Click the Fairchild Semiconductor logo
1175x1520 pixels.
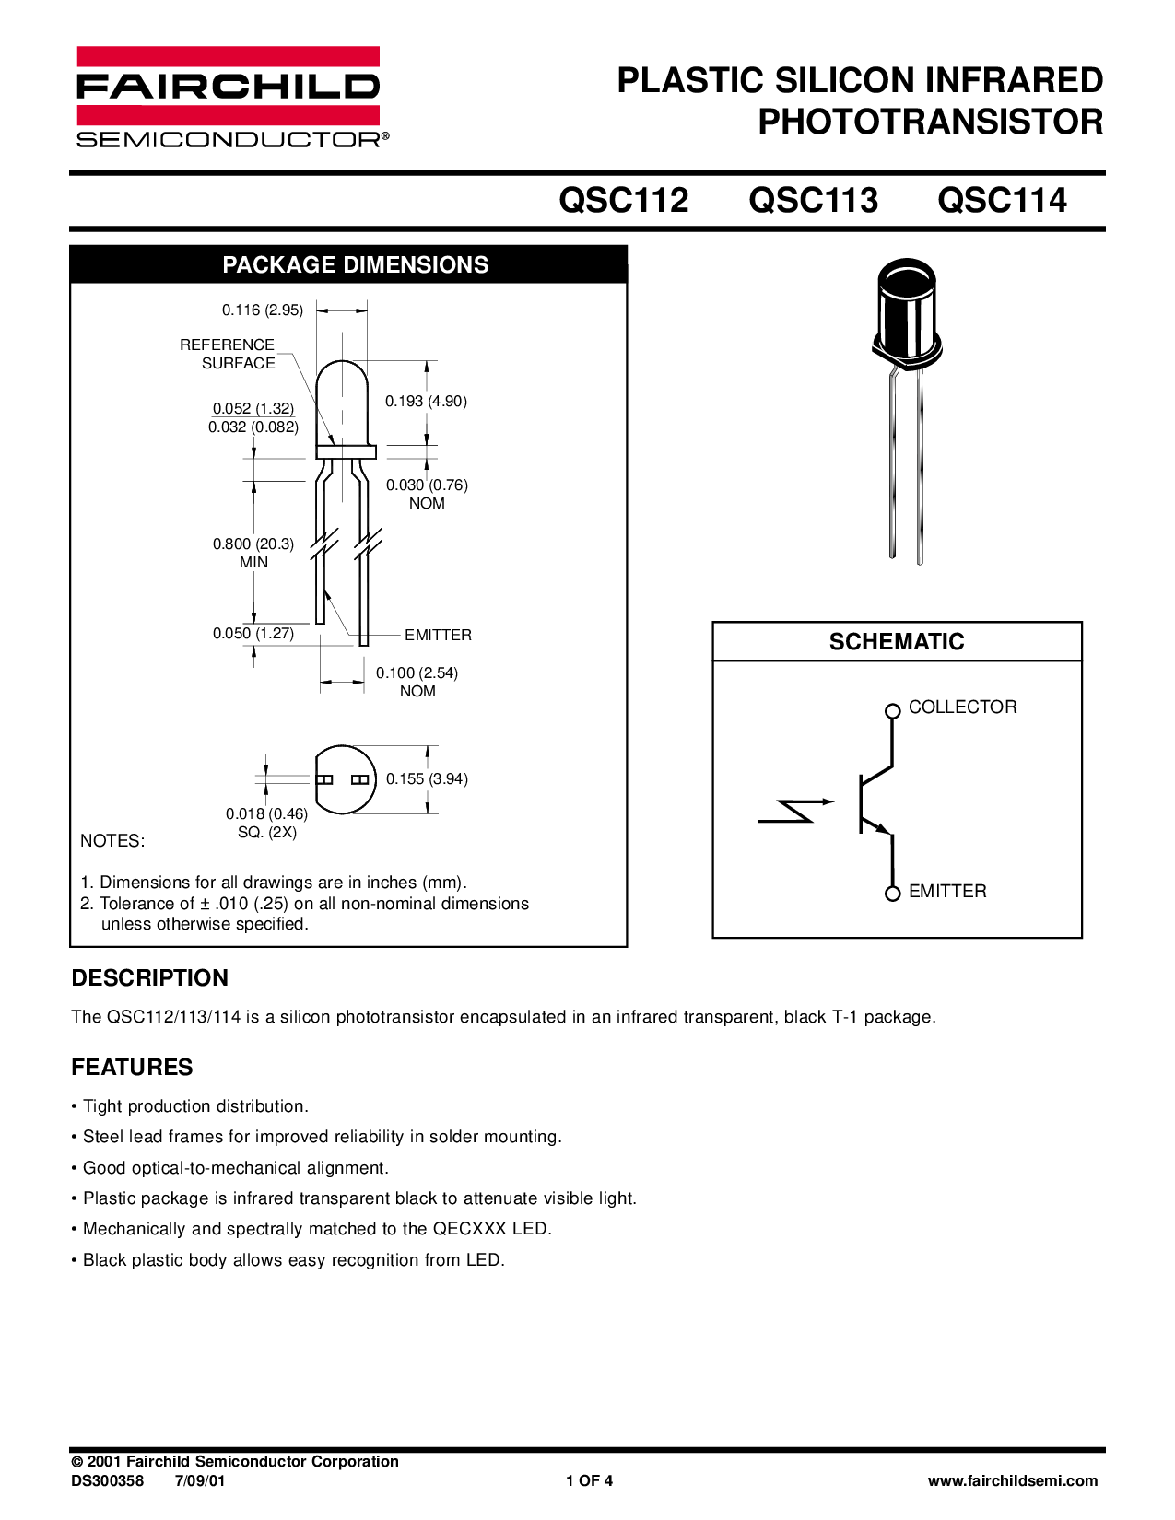tap(227, 96)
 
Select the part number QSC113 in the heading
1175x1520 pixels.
tap(814, 200)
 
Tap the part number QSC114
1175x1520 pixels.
tap(1002, 200)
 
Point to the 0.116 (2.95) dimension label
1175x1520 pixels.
tap(263, 310)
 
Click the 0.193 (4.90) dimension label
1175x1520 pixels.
tap(427, 401)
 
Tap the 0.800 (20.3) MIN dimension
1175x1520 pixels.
tap(253, 553)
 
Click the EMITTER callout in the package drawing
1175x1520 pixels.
tap(438, 635)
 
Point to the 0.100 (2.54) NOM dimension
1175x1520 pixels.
tap(417, 682)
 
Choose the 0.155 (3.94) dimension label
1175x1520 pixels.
tap(427, 778)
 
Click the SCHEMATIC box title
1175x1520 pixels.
tap(897, 642)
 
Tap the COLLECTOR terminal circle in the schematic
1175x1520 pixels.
tap(891, 710)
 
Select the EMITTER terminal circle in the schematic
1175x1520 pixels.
tap(891, 893)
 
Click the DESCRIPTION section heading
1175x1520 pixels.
tap(150, 977)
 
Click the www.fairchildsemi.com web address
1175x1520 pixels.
tap(1013, 1481)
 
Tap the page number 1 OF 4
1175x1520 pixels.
tap(589, 1481)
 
